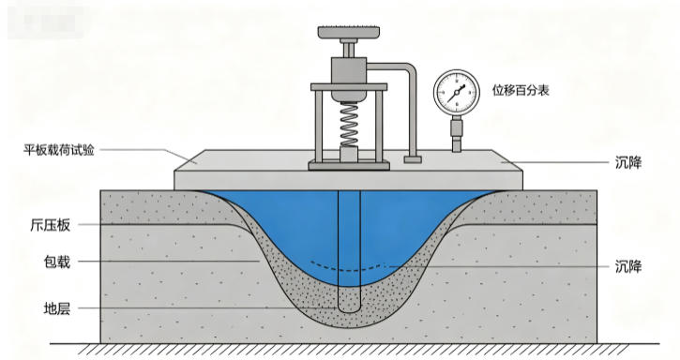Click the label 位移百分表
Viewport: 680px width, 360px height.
[x=521, y=90]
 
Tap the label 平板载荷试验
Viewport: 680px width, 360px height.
[x=59, y=150]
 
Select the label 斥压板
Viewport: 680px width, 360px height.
[x=51, y=225]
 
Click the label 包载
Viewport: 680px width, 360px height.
[x=57, y=262]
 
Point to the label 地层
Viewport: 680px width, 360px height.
[x=57, y=308]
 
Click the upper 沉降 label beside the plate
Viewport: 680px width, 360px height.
[x=628, y=163]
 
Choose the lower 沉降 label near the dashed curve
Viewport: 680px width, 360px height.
[x=628, y=266]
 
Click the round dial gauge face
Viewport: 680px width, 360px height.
[x=457, y=93]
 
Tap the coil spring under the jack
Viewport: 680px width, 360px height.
[x=349, y=125]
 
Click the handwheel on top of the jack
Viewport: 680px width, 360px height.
[x=349, y=33]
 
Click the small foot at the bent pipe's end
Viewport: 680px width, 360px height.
[x=413, y=159]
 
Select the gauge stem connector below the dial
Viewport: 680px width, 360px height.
[x=456, y=133]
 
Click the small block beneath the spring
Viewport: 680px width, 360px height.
[x=349, y=154]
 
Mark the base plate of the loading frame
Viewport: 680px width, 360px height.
[x=349, y=166]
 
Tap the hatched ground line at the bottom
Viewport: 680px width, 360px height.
[x=355, y=349]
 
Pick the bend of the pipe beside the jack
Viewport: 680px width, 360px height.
[x=410, y=70]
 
